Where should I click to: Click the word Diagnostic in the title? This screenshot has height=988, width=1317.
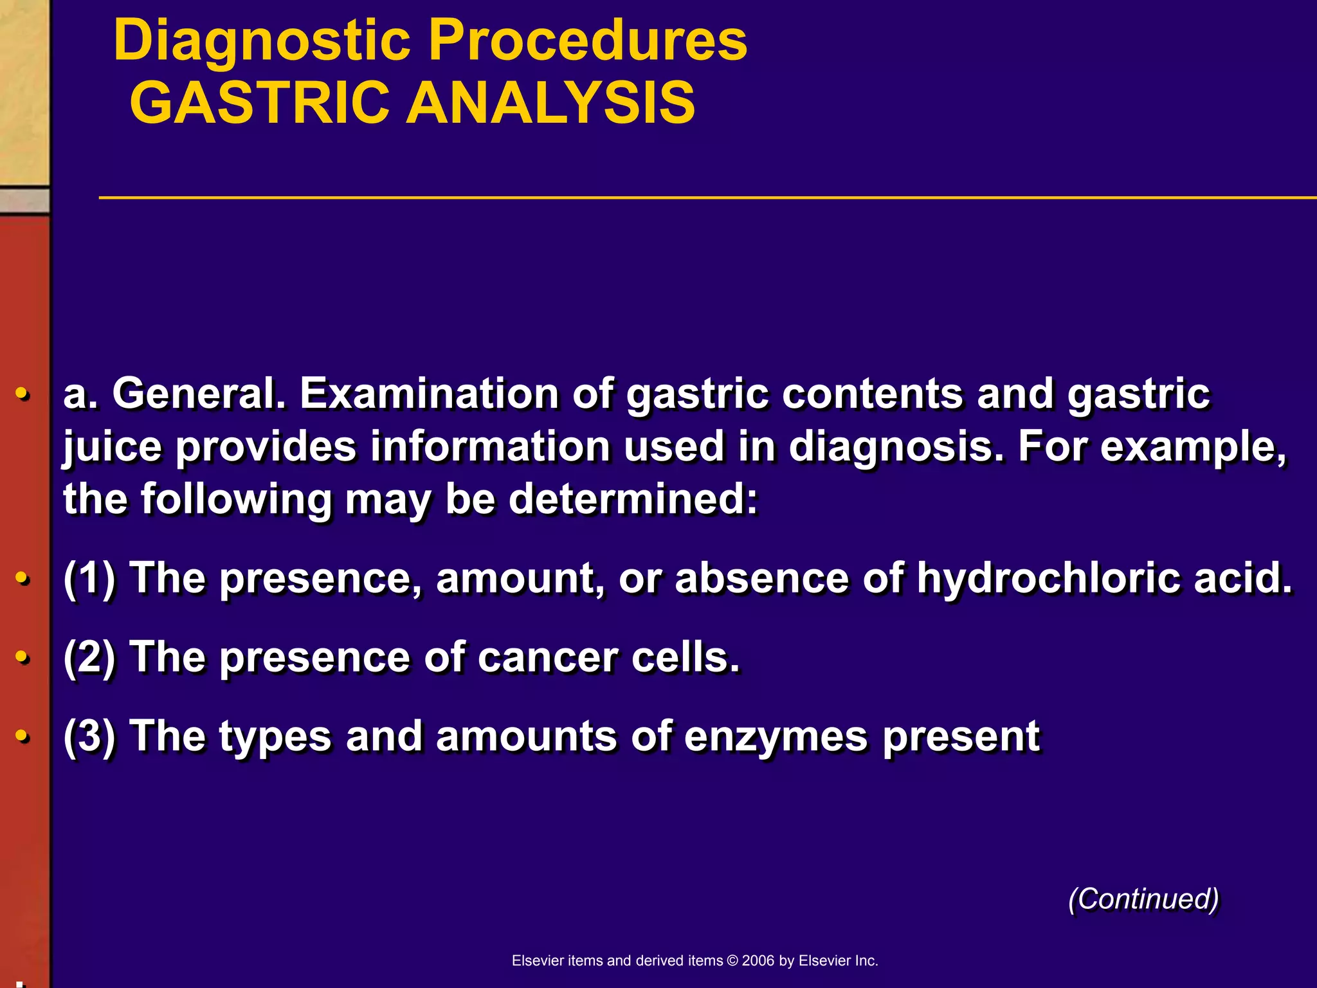[262, 41]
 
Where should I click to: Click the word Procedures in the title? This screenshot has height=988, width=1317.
[588, 41]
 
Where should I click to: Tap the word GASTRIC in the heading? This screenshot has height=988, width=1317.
[260, 103]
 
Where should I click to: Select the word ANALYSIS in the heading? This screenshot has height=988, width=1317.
[550, 103]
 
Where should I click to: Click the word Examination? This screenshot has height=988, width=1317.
[430, 394]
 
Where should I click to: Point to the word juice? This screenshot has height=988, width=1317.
[113, 447]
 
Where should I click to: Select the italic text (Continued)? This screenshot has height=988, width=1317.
[1143, 899]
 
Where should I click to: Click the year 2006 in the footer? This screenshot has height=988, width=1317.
[758, 960]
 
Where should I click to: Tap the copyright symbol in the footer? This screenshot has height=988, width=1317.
[732, 960]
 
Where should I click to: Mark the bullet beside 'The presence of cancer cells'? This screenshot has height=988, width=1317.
[23, 657]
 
